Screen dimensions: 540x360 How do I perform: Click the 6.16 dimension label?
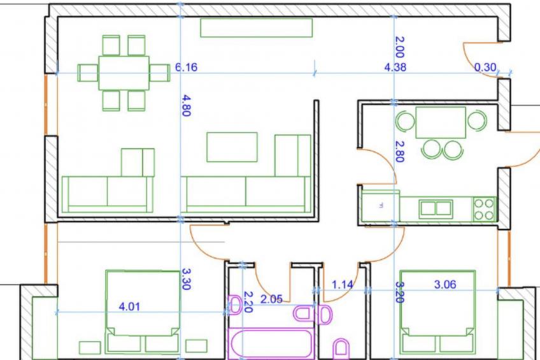pos(187,67)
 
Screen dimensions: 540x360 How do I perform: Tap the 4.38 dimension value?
pos(395,67)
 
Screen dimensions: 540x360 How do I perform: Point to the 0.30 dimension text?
pos(485,67)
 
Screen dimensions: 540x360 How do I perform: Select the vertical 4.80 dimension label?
pos(186,105)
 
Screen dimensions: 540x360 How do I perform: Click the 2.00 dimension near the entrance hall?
pos(399,47)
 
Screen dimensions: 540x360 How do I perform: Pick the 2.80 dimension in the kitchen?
pos(399,151)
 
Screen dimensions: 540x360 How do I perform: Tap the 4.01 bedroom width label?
pos(129,306)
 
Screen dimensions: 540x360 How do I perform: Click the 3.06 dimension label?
pos(445,285)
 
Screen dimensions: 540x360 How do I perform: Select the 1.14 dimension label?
pos(342,285)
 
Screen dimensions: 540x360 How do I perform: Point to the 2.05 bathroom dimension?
pos(271,299)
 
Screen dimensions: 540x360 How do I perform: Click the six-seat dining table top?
pos(124,73)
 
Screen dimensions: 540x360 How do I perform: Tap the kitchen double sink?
pos(436,208)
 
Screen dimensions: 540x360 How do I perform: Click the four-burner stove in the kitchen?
pos(484,209)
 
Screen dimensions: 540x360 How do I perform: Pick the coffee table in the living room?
pos(232,147)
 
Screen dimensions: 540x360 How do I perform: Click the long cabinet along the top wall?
pos(257,27)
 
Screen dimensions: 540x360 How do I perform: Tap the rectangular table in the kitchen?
pos(441,122)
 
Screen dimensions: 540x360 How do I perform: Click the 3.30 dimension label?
pos(186,279)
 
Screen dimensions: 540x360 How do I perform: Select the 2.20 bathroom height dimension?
pos(248,302)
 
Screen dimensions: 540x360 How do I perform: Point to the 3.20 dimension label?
pos(399,292)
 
